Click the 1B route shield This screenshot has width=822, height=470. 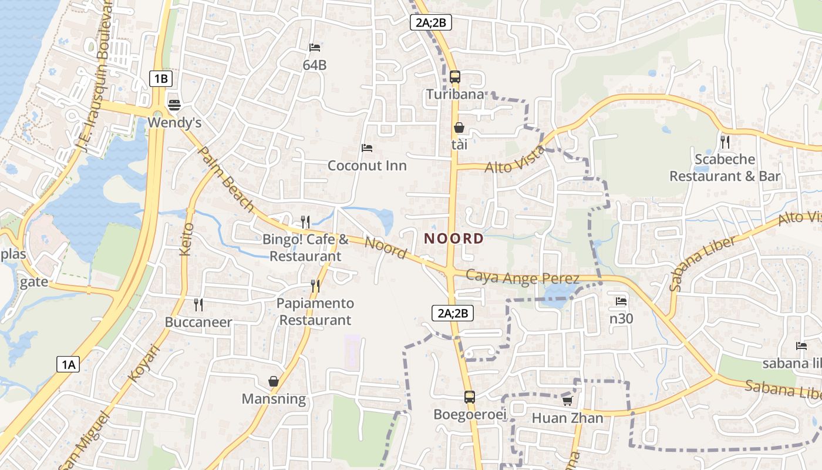160,78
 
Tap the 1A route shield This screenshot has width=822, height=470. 68,364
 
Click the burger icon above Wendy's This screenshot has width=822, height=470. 174,105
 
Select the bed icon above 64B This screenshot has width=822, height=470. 315,48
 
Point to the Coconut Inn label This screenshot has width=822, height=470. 367,165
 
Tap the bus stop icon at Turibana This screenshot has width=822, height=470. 455,77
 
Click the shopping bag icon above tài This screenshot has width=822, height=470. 459,127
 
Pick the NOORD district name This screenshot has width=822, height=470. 454,239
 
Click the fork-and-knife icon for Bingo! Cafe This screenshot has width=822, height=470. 305,221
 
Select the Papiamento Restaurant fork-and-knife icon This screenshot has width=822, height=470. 316,286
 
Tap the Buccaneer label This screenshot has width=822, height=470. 198,322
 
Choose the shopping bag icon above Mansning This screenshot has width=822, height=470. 274,381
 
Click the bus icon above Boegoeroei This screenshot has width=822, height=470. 470,397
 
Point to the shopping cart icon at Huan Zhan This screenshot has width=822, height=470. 567,401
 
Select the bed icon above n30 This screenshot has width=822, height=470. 621,301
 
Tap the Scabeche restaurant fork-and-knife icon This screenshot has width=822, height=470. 725,142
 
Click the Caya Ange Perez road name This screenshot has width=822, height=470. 523,277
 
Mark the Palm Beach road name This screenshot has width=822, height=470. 226,179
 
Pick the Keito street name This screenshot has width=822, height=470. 187,239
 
